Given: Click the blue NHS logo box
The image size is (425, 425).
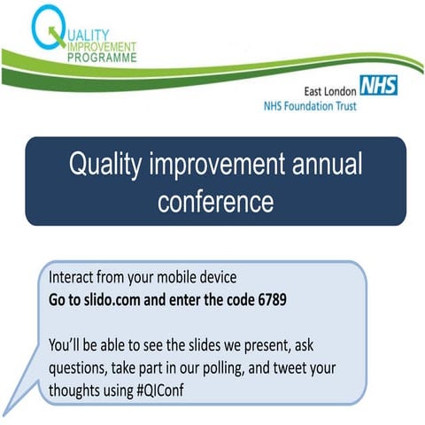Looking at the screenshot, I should pyautogui.click(x=379, y=86).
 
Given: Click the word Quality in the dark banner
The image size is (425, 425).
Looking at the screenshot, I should pyautogui.click(x=110, y=166).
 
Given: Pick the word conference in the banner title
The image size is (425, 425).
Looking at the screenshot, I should pyautogui.click(x=216, y=202).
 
